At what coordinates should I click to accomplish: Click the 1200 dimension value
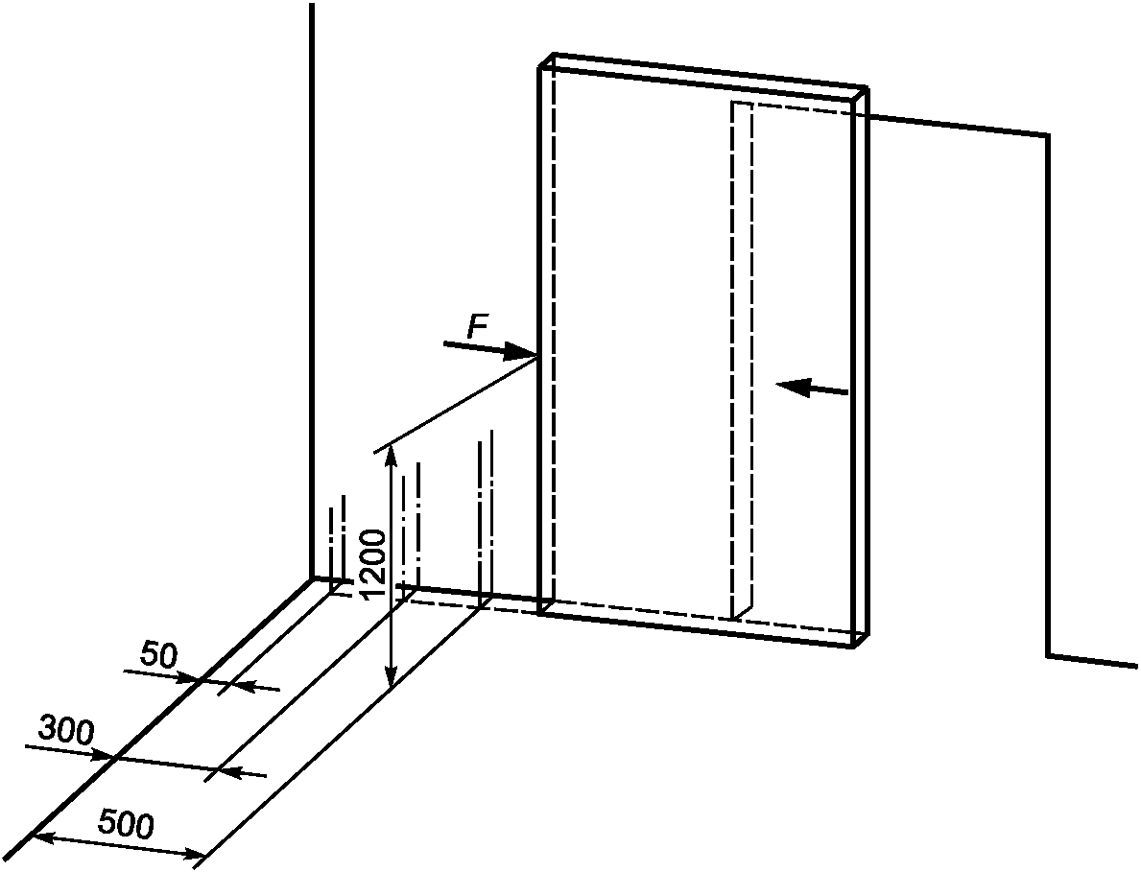pyautogui.click(x=373, y=564)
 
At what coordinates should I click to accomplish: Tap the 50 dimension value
pyautogui.click(x=158, y=655)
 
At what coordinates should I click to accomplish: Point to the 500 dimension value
pyautogui.click(x=126, y=825)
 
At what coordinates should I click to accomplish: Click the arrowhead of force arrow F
pyautogui.click(x=523, y=353)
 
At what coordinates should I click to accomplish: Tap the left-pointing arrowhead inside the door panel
pyautogui.click(x=793, y=387)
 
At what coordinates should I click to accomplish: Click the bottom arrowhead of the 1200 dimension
pyautogui.click(x=392, y=677)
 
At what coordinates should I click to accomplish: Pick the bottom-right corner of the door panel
pyautogui.click(x=853, y=646)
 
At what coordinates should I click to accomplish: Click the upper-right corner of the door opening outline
pyautogui.click(x=1048, y=135)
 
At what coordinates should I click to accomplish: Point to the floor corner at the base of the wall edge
pyautogui.click(x=312, y=578)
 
